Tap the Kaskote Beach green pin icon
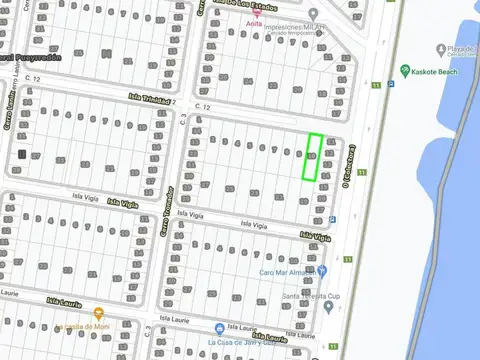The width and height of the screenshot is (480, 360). pos(405,72)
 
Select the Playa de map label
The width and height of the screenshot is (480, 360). pos(459,49)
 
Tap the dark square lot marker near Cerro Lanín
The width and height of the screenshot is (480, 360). pos(21,155)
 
